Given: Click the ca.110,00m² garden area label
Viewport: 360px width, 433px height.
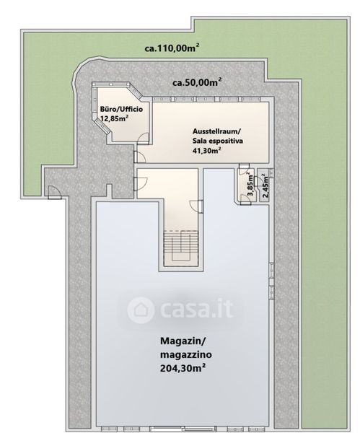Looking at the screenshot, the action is point(172,48).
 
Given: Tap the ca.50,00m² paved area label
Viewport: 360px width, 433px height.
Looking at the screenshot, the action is point(197,82).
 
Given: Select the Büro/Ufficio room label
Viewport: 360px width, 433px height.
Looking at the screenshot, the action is point(121,109).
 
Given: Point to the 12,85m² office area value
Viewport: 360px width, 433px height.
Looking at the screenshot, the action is point(114,119).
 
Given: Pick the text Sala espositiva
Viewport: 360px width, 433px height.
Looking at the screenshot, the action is point(218,141).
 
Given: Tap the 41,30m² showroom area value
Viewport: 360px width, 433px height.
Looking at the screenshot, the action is point(206,151).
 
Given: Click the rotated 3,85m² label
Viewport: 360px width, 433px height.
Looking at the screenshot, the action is point(250,184).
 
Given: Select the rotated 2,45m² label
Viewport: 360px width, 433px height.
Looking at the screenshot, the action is point(265,186).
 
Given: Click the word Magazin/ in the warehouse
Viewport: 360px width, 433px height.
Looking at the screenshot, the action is point(183,341).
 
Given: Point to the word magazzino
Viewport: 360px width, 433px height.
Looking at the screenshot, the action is point(186,354).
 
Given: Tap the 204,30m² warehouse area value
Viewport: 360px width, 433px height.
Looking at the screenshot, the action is point(183,368).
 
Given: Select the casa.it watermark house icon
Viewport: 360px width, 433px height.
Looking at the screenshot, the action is point(141,310).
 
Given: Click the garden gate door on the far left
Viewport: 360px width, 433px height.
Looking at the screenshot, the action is point(53,192).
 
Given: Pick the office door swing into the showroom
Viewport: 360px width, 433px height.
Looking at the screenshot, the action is point(144,138).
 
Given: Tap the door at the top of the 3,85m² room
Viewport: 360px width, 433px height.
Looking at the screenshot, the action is point(244,168).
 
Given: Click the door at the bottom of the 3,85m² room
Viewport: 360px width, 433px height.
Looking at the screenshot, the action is point(245,199).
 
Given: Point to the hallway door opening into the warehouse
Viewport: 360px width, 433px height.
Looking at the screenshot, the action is point(196,206).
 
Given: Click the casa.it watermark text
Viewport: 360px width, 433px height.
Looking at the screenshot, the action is point(196,309).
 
